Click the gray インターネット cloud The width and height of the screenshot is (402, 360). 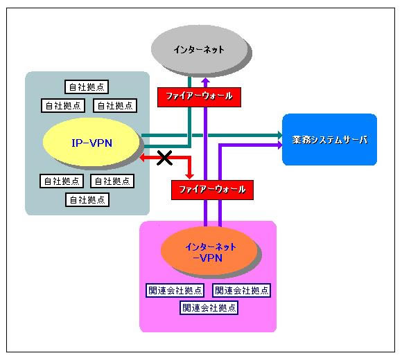pos(200,49)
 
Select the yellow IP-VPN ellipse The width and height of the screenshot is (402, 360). pos(91,142)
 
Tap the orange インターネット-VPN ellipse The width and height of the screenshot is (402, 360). pos(209,251)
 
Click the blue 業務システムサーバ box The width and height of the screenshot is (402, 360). pos(329,140)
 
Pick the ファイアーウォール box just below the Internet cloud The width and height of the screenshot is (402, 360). pos(199,97)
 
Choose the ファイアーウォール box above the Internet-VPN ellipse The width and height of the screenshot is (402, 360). pos(212,190)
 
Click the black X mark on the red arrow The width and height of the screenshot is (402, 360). pos(164,158)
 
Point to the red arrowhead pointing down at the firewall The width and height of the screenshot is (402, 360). pos(189,177)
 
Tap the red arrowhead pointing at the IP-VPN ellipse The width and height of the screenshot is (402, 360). pos(143,158)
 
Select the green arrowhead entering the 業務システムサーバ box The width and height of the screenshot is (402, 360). pos(279,135)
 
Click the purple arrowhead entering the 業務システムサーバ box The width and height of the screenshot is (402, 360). pos(279,145)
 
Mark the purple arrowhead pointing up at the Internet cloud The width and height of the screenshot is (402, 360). pos(206,80)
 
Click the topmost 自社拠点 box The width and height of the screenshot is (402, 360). pos(87,87)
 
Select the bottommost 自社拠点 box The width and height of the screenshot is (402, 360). pos(87,199)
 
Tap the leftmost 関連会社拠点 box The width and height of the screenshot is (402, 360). pos(175,290)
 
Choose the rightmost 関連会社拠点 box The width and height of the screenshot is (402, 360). pos(241,290)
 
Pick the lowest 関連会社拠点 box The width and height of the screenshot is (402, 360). pos(209,307)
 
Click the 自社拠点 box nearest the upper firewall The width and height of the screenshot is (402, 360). pos(115,105)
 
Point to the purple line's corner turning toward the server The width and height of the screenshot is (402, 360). pos(220,145)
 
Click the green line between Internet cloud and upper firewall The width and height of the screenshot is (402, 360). pos(190,82)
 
